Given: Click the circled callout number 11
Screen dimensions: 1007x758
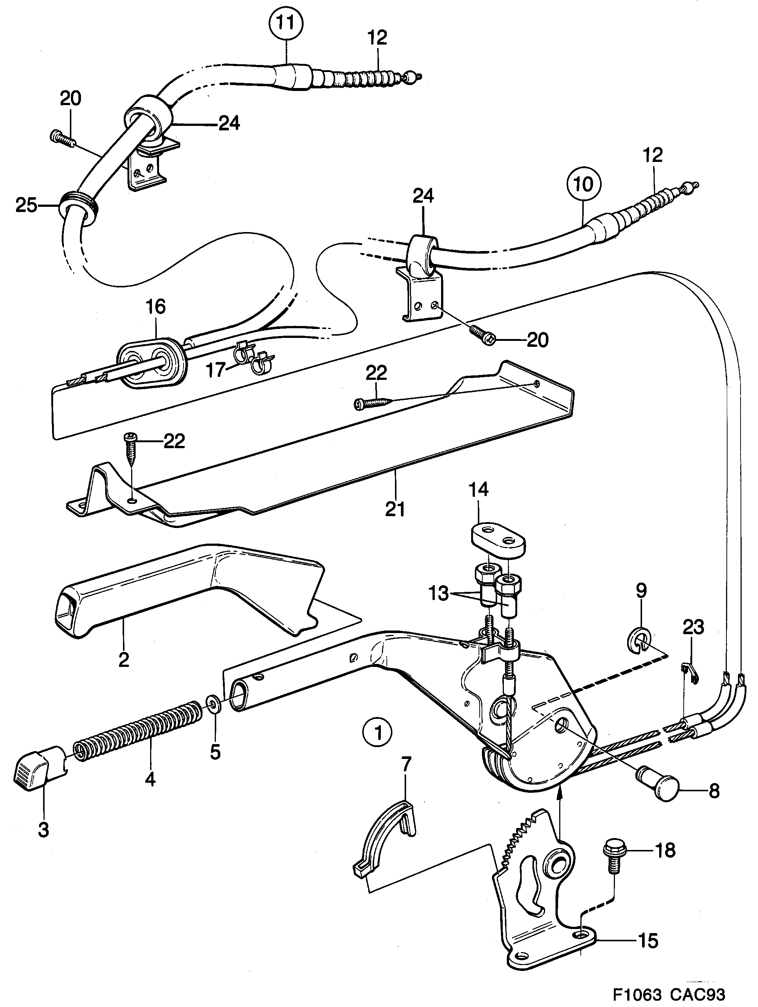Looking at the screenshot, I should [286, 22].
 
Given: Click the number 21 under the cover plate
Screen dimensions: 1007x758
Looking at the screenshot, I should [395, 509].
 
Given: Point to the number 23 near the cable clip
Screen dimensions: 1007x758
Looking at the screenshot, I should [693, 627].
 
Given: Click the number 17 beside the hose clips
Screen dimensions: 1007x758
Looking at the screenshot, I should [216, 370].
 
